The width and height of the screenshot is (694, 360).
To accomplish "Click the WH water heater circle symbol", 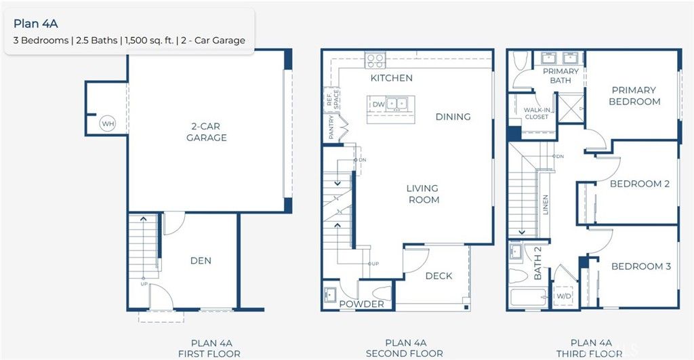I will coord(107,124).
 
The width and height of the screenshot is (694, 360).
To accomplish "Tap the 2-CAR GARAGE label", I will coord(206,132).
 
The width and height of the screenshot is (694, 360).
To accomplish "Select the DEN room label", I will coord(201,260).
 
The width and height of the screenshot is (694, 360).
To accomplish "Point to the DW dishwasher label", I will coord(377,104).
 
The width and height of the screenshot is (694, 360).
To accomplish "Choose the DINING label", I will coord(453,117).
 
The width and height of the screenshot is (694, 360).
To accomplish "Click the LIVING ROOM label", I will coord(423,194).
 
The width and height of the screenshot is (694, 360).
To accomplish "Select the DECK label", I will coord(438,276).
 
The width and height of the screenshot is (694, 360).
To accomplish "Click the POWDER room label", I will coord(361,304).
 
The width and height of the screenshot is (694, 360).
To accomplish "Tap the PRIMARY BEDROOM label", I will coord(634,96).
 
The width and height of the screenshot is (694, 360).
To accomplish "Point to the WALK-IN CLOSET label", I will coord(536,113).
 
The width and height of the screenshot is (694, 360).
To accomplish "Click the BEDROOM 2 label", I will coord(639,184).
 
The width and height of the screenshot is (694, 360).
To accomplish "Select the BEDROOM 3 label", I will coord(640,266).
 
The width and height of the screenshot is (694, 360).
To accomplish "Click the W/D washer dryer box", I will coord(564,296).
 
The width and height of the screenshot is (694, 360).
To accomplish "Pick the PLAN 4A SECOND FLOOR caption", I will coord(404,348).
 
